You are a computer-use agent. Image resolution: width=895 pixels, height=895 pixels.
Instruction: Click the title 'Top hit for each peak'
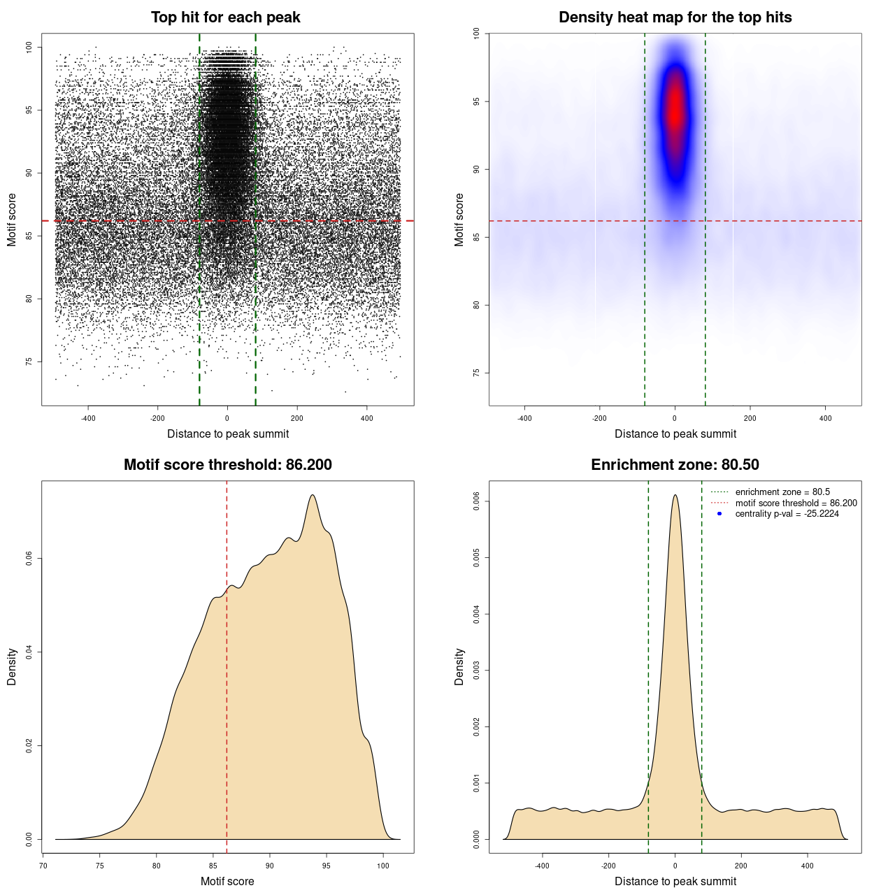(x=226, y=17)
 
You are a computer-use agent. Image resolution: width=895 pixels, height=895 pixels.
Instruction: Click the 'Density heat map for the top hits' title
(x=675, y=17)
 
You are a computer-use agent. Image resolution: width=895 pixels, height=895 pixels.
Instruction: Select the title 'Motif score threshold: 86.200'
(x=227, y=465)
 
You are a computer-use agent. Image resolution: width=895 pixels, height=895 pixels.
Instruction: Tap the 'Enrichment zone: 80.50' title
(x=675, y=465)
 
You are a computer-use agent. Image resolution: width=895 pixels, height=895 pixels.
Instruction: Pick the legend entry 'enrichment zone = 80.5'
(x=782, y=492)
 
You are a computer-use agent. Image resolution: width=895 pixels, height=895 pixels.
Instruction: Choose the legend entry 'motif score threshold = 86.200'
(x=796, y=503)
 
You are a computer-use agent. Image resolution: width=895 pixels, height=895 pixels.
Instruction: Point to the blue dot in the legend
(x=719, y=514)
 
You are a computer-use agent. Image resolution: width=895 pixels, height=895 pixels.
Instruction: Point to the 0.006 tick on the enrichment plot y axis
(x=477, y=501)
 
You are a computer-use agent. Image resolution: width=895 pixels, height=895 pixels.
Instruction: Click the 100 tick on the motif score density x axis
(x=382, y=866)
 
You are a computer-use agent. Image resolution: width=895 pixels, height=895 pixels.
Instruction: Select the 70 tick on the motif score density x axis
(x=43, y=866)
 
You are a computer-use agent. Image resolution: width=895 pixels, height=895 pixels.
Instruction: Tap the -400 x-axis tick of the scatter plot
(x=88, y=418)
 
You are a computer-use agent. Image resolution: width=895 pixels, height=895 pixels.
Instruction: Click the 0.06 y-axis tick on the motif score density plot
(x=29, y=559)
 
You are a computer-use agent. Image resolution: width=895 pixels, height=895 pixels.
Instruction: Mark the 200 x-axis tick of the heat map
(x=750, y=418)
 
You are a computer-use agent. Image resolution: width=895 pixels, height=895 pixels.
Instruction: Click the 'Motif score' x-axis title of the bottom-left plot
(x=227, y=881)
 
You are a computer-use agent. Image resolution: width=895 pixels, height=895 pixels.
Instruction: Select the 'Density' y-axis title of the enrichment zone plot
(x=459, y=666)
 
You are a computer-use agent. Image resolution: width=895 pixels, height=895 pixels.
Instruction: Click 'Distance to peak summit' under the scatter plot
(x=228, y=434)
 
